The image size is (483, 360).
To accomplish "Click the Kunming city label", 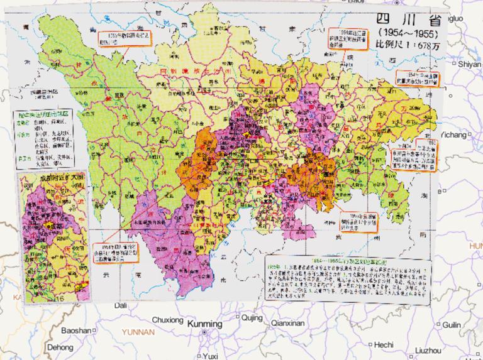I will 205,324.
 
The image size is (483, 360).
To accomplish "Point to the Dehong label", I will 60,346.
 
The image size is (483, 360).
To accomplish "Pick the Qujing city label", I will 252,318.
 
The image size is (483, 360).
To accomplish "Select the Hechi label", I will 382,344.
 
